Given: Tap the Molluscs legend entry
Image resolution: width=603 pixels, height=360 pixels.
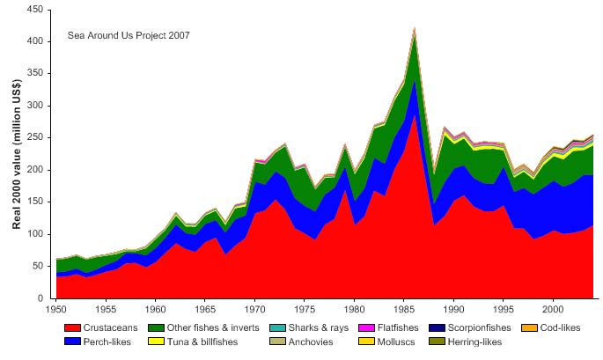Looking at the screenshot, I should click(x=396, y=341).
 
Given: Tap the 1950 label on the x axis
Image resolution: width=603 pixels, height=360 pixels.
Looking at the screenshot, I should click(x=55, y=310).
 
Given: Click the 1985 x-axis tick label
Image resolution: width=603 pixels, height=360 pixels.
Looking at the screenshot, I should click(x=404, y=310).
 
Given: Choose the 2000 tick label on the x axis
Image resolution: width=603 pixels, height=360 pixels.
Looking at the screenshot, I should click(x=553, y=310).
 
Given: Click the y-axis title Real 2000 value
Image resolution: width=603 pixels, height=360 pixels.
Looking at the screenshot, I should click(x=17, y=154).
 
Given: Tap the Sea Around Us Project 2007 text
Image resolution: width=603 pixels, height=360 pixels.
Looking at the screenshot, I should click(x=129, y=36).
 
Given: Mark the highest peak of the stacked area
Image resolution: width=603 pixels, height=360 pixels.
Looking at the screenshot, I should click(x=414, y=28).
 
